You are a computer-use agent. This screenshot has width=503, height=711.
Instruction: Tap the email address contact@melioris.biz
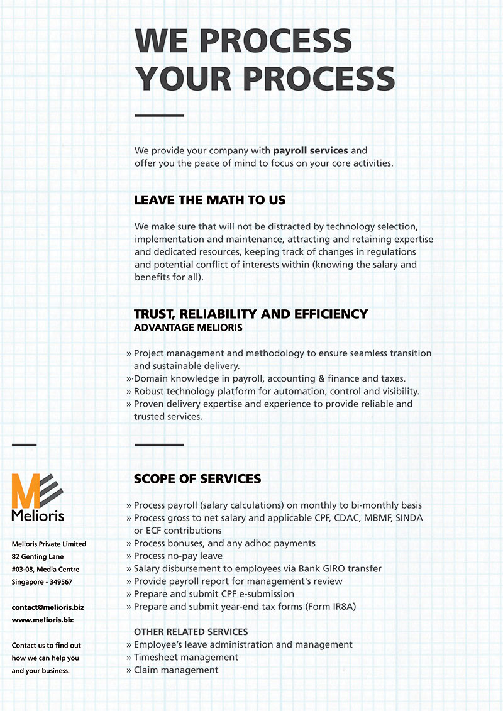point(48,607)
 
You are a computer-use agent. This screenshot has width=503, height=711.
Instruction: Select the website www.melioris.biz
point(43,620)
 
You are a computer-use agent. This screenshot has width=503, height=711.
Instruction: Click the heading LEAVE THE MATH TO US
point(209,201)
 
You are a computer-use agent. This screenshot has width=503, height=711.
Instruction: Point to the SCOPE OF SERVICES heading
point(197,479)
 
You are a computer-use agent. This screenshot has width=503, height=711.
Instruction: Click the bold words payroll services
point(310,151)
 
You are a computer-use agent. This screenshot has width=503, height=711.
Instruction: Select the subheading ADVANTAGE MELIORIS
point(188,328)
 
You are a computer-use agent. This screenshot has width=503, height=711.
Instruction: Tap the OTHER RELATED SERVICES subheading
point(191,632)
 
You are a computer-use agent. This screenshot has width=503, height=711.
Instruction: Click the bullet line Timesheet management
point(185,657)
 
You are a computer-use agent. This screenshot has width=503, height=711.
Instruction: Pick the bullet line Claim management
point(176,670)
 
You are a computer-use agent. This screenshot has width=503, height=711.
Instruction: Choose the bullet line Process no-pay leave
point(178,556)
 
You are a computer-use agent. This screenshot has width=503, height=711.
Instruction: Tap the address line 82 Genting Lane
point(38,557)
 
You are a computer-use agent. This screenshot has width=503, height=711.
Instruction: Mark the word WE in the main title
point(161,41)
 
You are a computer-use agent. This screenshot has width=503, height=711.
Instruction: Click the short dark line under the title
point(159,116)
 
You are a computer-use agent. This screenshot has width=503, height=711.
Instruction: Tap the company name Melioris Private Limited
point(49,544)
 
